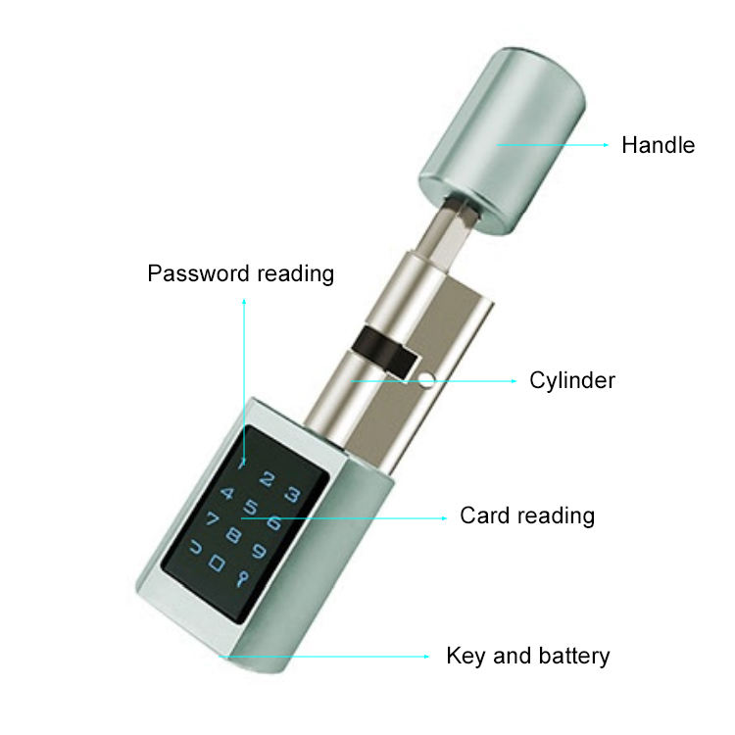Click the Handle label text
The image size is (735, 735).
[x=659, y=145]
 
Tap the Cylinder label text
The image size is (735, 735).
[x=572, y=380]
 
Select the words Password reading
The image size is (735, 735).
[x=241, y=273]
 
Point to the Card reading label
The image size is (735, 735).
[x=527, y=516]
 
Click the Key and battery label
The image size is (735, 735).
[x=528, y=656]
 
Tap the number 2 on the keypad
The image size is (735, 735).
[x=268, y=479]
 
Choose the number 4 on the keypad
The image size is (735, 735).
[x=227, y=493]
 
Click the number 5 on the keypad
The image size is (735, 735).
[x=251, y=507]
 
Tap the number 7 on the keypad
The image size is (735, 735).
[x=213, y=518]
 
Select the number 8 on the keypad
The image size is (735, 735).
[x=234, y=534]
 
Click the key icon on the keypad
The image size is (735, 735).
[x=242, y=579]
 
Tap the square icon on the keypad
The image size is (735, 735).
[x=217, y=563]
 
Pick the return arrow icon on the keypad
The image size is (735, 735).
[x=196, y=547]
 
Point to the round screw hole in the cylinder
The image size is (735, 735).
[x=426, y=379]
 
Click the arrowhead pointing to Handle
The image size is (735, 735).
[x=606, y=145]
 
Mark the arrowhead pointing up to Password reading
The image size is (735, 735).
[x=244, y=302]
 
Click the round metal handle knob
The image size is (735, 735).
[x=502, y=140]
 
